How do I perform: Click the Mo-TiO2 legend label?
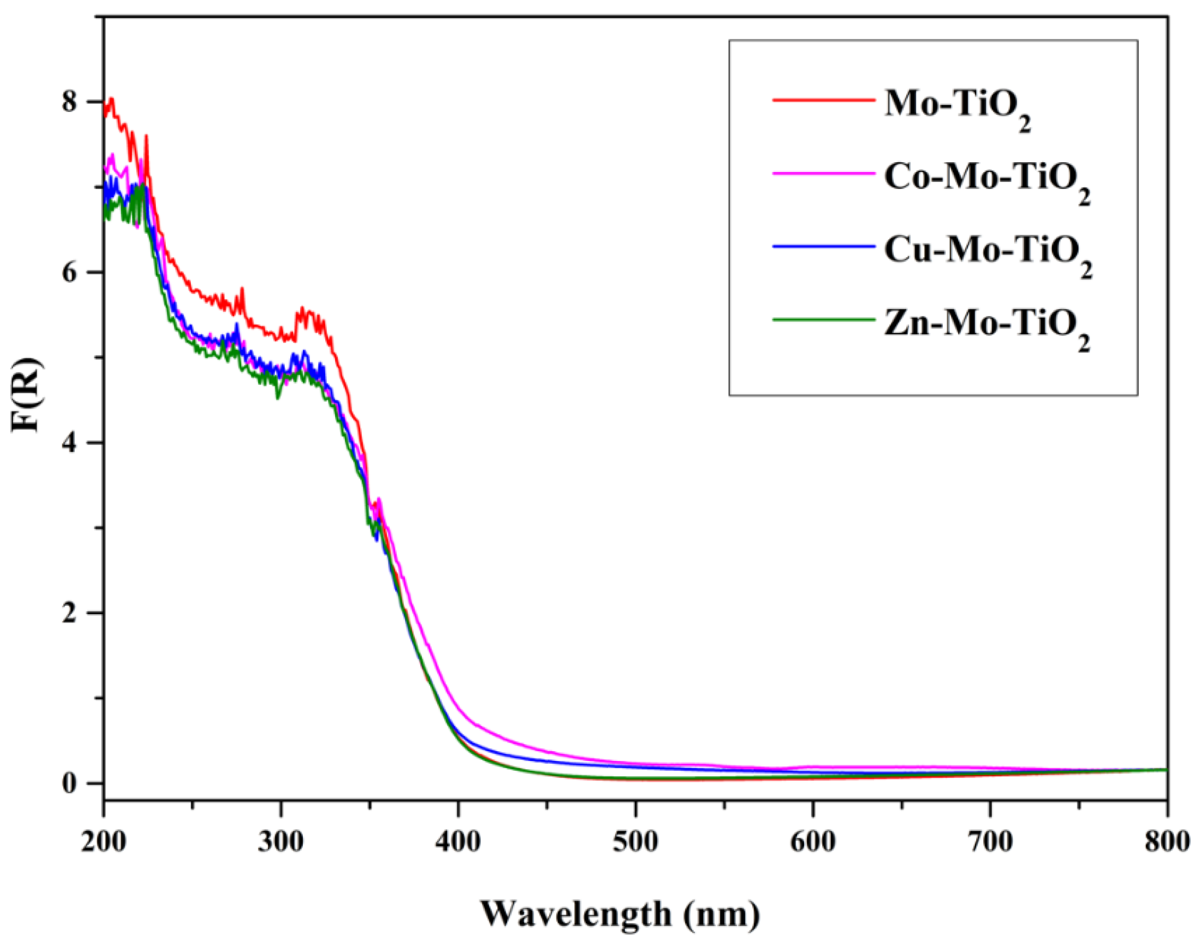coord(957,106)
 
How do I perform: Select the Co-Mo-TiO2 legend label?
coord(987,179)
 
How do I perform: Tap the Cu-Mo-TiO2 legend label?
coord(987,252)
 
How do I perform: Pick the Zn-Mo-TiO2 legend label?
coord(987,326)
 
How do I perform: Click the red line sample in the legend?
coord(823,101)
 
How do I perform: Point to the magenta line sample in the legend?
coord(823,174)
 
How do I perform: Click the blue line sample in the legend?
coord(823,247)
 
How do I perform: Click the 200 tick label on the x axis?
coord(103,842)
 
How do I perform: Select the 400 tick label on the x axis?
coord(458,842)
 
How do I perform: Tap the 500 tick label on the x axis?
coord(635,842)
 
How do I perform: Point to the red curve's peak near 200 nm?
coord(112,99)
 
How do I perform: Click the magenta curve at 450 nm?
coord(547,751)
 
